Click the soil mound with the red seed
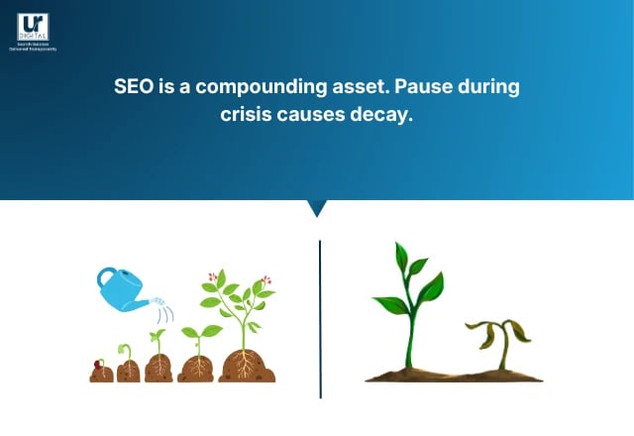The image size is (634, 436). [100, 370]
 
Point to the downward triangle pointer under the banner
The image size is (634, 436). [317, 208]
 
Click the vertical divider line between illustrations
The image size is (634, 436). [320, 317]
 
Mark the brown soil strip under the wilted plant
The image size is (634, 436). [456, 376]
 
